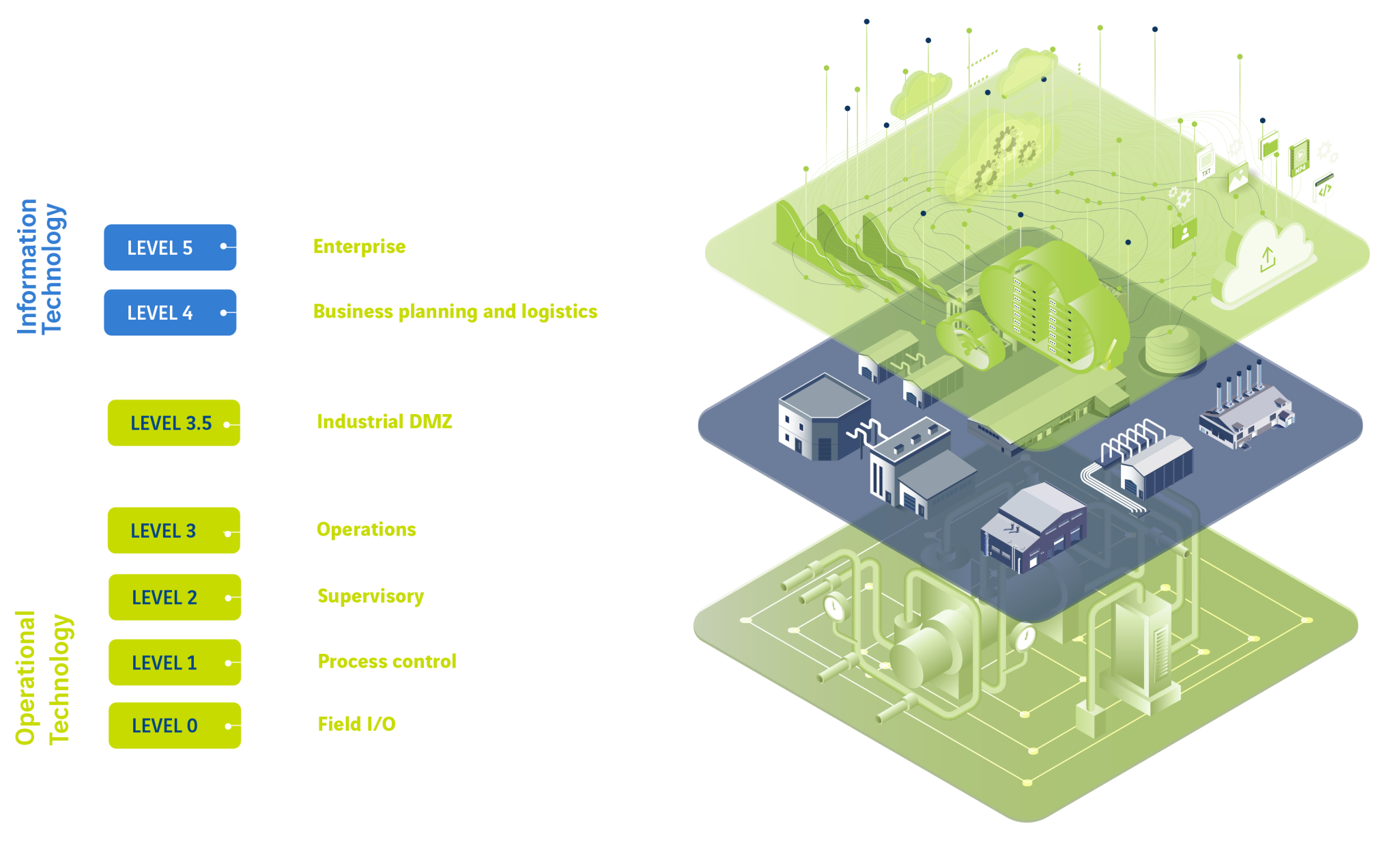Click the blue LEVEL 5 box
click(x=169, y=247)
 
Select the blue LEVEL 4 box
click(x=169, y=313)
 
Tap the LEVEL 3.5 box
click(x=173, y=423)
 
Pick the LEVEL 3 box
click(x=173, y=531)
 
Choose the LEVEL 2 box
click(x=174, y=598)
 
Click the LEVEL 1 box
click(x=174, y=663)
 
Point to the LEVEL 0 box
click(x=174, y=726)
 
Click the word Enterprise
click(x=359, y=247)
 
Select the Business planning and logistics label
click(x=455, y=312)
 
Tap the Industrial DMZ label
click(x=384, y=422)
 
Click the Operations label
click(x=366, y=529)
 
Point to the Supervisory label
click(x=371, y=596)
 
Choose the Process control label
click(x=386, y=661)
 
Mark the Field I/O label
click(x=356, y=724)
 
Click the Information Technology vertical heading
click(x=41, y=266)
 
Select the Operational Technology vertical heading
click(x=42, y=678)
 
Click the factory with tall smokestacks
click(x=1245, y=410)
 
